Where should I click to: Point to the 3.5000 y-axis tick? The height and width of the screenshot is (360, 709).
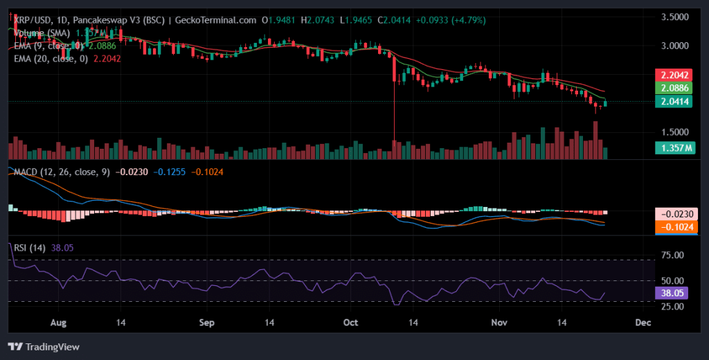click(x=675, y=17)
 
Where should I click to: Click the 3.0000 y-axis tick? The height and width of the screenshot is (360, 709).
click(x=675, y=46)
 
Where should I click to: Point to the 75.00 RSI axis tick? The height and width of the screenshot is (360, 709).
click(x=673, y=255)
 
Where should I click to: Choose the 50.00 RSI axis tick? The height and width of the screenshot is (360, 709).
click(x=673, y=280)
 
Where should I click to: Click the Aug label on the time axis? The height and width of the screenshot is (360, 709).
click(x=59, y=323)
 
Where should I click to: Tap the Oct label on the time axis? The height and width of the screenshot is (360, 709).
click(x=352, y=323)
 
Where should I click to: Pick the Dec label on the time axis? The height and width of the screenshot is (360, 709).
click(x=643, y=323)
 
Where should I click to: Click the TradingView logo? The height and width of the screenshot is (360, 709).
click(x=44, y=347)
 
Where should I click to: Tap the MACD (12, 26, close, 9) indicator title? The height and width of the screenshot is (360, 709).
click(x=60, y=171)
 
